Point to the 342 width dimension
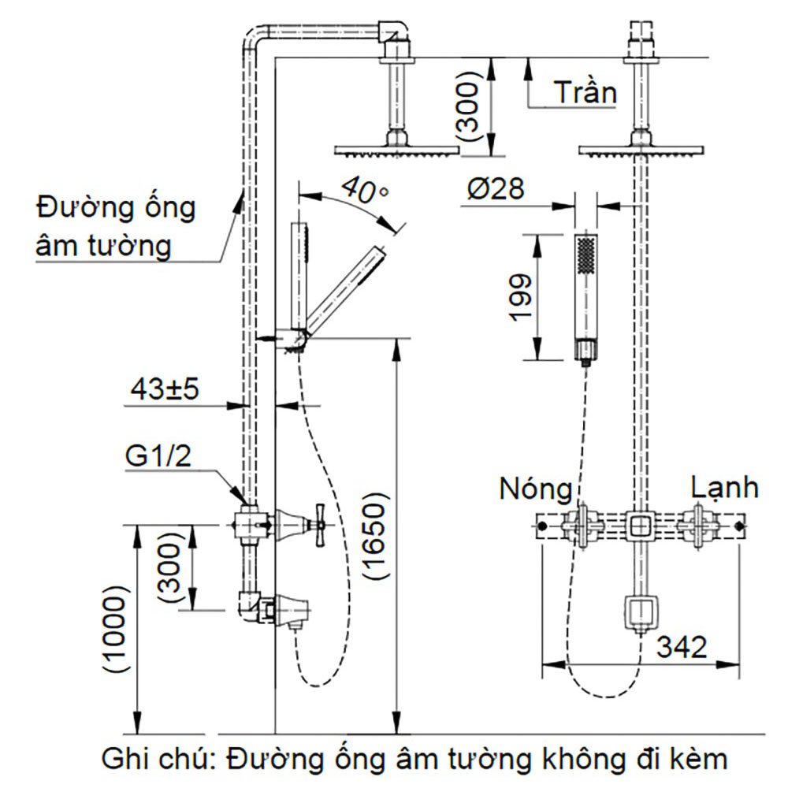tap(683, 647)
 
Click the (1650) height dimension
tap(376, 537)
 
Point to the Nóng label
tap(536, 489)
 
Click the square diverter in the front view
tap(640, 526)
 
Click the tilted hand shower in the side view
tap(344, 288)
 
